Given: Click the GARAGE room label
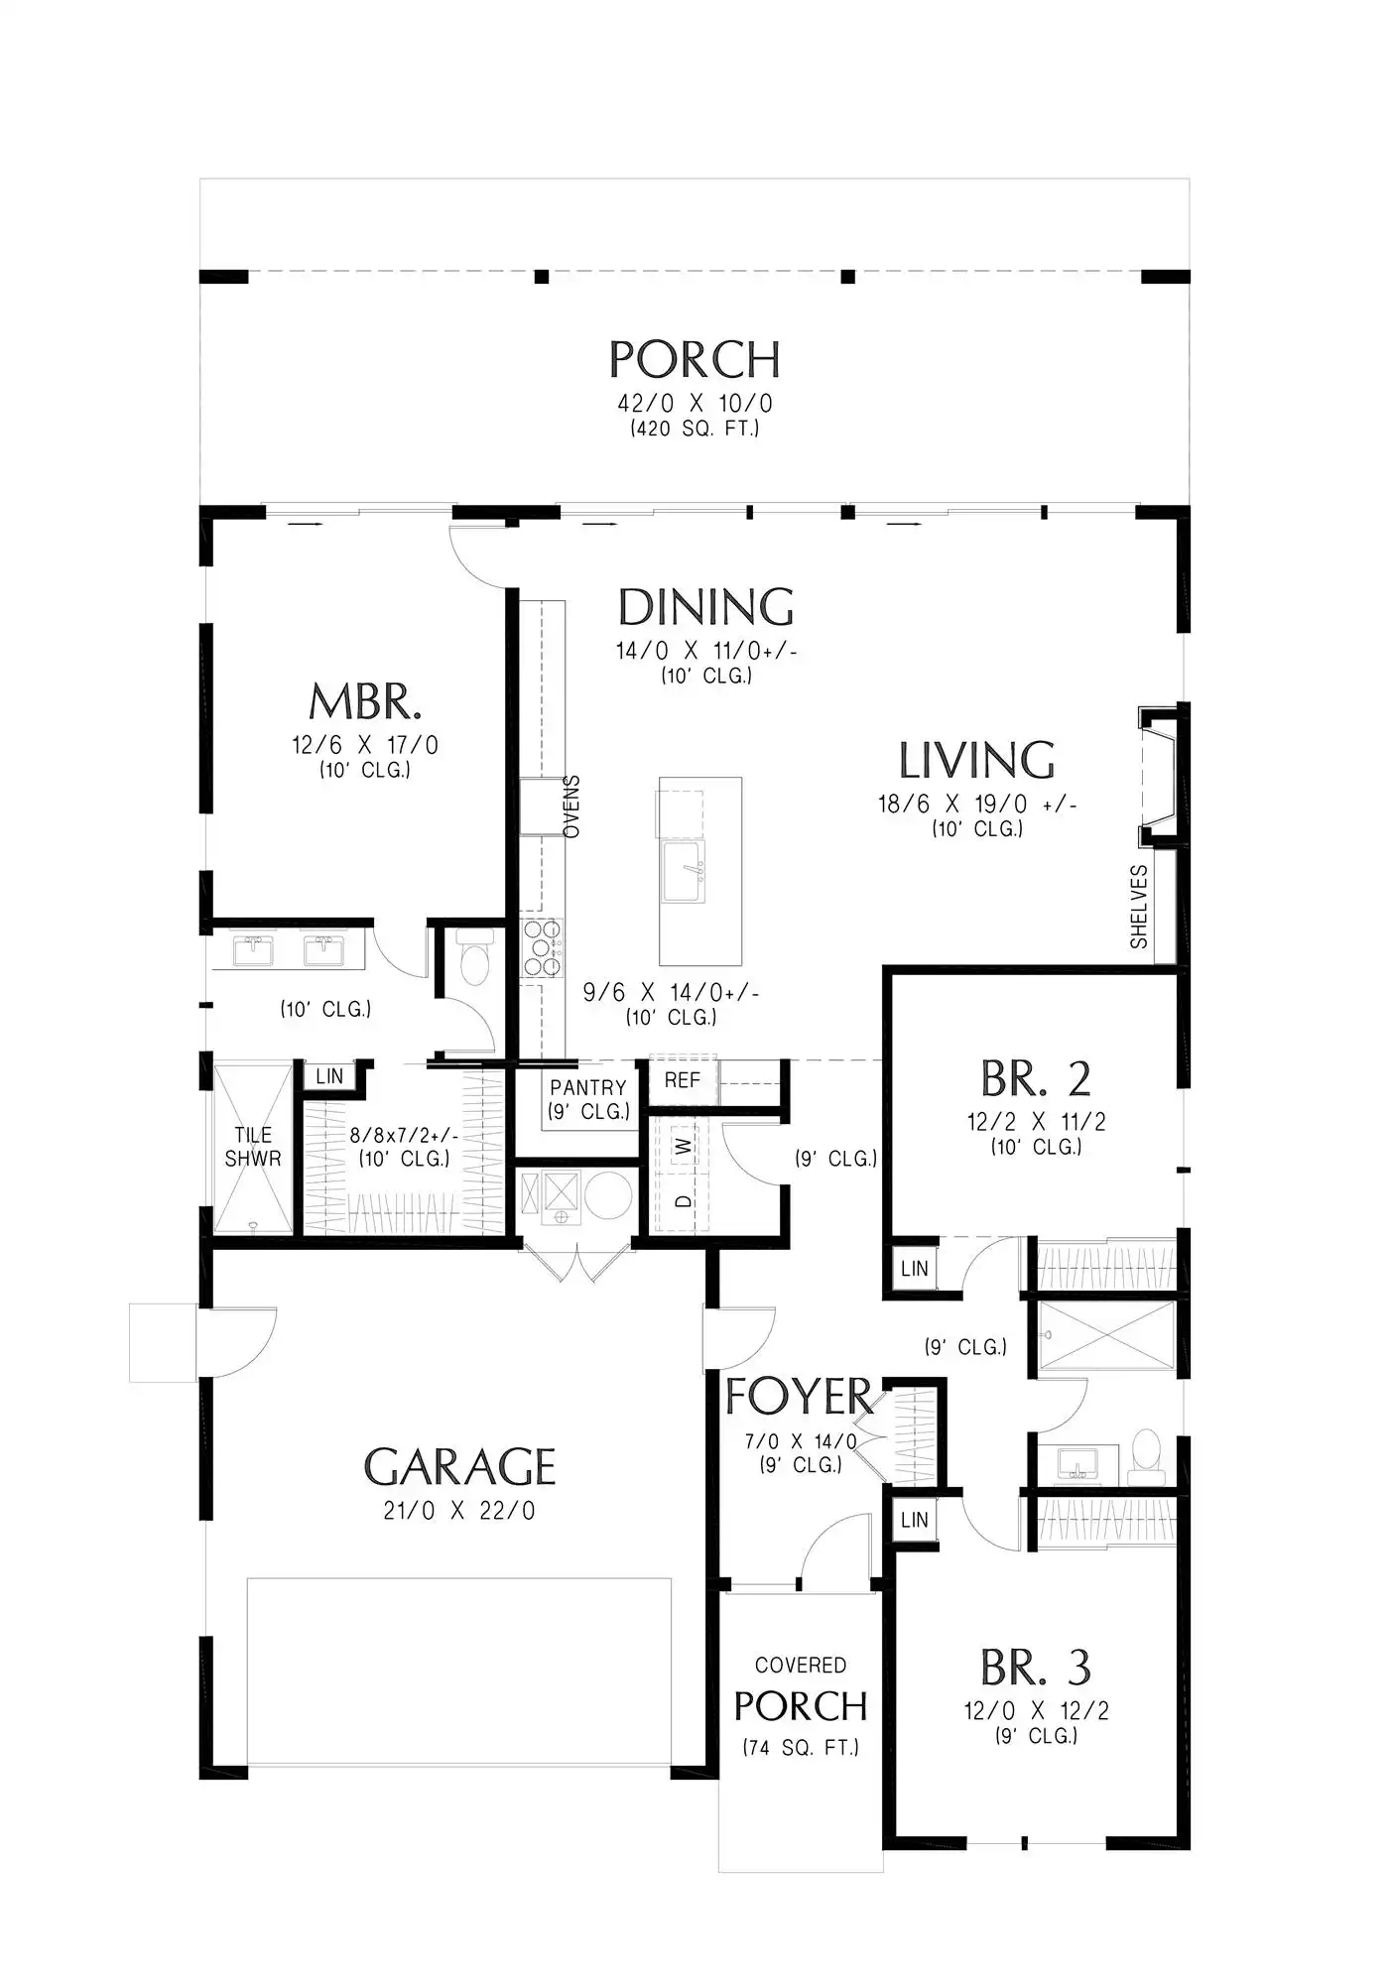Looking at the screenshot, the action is pos(459,1466).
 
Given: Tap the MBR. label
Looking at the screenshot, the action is pos(365,701).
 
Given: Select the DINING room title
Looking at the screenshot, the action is pos(705,606).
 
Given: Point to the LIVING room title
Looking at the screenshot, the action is pos(976,760).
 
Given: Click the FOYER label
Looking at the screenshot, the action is pos(799,1396).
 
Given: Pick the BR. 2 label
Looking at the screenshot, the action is pos(1036,1078).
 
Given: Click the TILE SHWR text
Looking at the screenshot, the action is pos(253,1147).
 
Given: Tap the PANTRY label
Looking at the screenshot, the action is pos(588,1087).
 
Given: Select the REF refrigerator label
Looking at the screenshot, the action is pos(683,1080).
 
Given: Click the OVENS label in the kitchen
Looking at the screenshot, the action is pos(571,806).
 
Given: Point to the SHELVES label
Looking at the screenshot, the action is pos(1139,907).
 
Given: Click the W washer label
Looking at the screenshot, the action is pos(684,1147).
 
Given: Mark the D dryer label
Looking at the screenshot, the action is pos(684,1201).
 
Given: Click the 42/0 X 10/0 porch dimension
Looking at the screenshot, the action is pos(695,404).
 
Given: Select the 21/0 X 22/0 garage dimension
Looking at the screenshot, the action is pos(459,1511).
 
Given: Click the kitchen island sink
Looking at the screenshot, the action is pos(685,872).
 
